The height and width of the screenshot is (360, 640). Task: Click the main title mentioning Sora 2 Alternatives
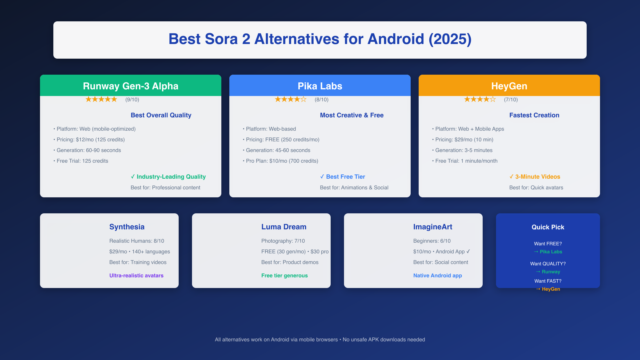(320, 39)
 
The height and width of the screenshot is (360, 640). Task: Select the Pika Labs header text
(320, 86)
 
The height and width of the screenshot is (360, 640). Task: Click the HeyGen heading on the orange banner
(509, 86)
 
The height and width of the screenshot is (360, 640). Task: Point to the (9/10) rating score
(132, 99)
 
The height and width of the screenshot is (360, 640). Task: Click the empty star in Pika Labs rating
(303, 99)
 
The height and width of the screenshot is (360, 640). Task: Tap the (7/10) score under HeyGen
(511, 99)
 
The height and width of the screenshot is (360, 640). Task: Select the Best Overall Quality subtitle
(161, 115)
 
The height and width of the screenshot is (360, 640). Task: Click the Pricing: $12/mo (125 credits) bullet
(89, 139)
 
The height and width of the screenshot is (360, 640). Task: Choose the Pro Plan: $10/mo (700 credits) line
(281, 161)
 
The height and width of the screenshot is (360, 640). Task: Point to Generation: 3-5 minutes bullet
(462, 150)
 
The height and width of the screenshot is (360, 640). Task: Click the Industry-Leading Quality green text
(168, 177)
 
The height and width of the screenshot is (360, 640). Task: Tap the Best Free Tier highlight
(343, 177)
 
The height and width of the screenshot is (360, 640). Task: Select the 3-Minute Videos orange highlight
(535, 177)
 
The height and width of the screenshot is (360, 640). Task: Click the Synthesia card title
(127, 227)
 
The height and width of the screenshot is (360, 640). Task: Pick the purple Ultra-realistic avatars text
(137, 275)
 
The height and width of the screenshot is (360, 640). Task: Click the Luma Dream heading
(284, 227)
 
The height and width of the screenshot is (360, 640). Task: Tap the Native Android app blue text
(438, 275)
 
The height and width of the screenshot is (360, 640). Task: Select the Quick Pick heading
(548, 227)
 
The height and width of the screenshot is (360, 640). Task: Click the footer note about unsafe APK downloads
(320, 339)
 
